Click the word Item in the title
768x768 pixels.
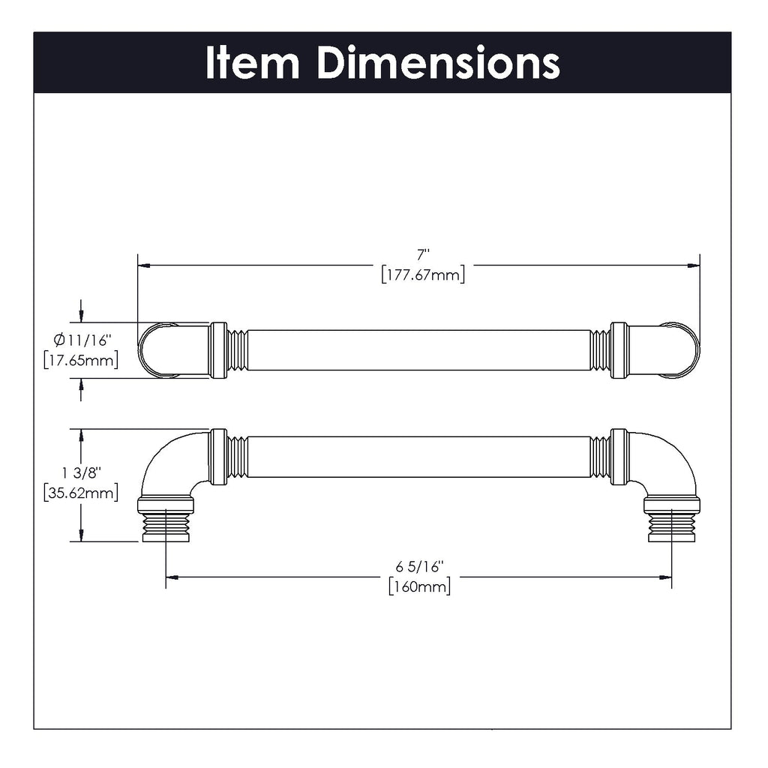click(252, 63)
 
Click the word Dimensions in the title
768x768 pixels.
click(438, 63)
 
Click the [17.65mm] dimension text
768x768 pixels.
click(80, 361)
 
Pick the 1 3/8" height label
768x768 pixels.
click(82, 473)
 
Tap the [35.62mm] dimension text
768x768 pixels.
click(80, 493)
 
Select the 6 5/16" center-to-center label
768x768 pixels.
click(418, 566)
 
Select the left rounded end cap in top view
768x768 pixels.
click(157, 350)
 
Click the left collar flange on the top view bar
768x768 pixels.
click(218, 350)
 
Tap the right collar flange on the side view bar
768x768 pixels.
click(619, 457)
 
